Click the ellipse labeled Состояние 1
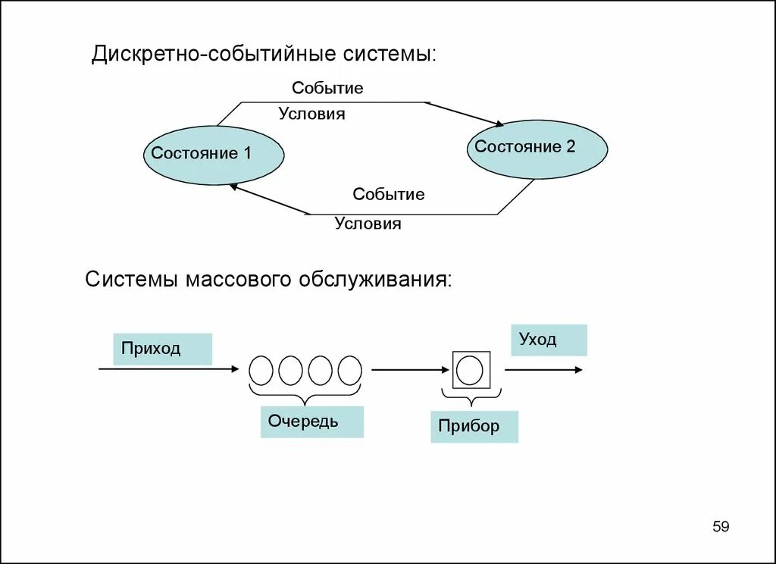[214, 155]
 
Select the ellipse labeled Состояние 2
[537, 149]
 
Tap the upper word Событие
[327, 88]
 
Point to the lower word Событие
[388, 194]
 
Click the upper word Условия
[311, 114]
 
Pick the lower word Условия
[368, 224]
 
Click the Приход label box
[162, 349]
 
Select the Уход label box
[552, 340]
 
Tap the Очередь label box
[311, 421]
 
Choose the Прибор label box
[474, 426]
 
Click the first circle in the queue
[261, 370]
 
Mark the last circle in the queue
[349, 370]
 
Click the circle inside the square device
[471, 370]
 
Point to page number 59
[721, 526]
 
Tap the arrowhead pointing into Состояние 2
[498, 124]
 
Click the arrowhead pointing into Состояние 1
[234, 186]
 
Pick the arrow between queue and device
[410, 370]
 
